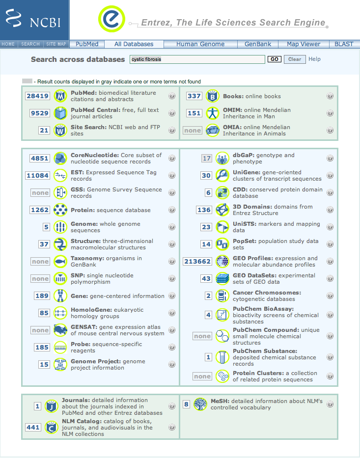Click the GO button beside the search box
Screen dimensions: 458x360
(274, 59)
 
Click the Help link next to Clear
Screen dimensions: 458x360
(315, 59)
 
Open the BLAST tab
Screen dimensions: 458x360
(344, 44)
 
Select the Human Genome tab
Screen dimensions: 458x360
(200, 44)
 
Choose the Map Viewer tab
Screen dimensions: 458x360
(304, 44)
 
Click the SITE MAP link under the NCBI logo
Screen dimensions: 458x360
(56, 44)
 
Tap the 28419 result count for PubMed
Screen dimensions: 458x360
(38, 96)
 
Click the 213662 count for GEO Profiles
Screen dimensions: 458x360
(197, 262)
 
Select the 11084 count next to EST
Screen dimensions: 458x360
(38, 176)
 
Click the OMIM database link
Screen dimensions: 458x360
(233, 110)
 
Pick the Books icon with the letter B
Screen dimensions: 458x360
(212, 96)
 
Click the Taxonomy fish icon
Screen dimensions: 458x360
(60, 262)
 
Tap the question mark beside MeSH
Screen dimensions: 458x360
(330, 404)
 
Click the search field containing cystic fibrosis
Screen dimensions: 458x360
(197, 59)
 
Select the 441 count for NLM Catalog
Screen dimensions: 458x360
(33, 428)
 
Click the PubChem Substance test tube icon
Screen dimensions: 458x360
(223, 357)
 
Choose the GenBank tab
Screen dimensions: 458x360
(258, 44)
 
